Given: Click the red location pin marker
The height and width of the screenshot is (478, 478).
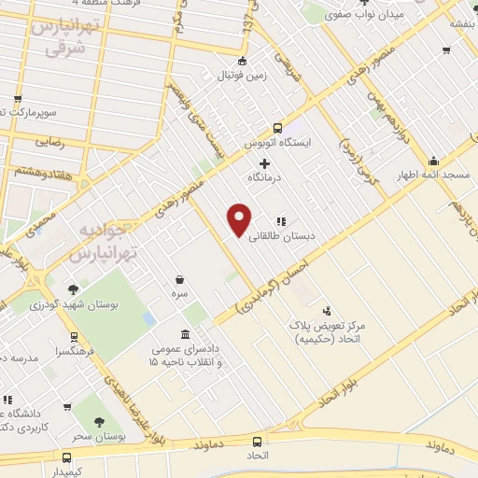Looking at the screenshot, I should [240, 218].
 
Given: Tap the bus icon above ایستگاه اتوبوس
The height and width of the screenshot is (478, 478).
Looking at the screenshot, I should [276, 129].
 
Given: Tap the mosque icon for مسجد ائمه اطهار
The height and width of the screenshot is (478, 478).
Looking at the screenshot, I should [432, 161].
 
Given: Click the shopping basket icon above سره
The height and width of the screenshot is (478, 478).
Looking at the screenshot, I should [178, 279].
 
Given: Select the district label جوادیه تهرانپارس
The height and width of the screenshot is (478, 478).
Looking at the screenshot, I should [106, 241].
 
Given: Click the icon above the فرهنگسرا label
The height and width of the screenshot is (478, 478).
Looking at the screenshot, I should [74, 337].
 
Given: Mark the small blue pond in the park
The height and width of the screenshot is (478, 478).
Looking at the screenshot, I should [149, 318].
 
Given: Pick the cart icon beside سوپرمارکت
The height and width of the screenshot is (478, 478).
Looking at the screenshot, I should [18, 99].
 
